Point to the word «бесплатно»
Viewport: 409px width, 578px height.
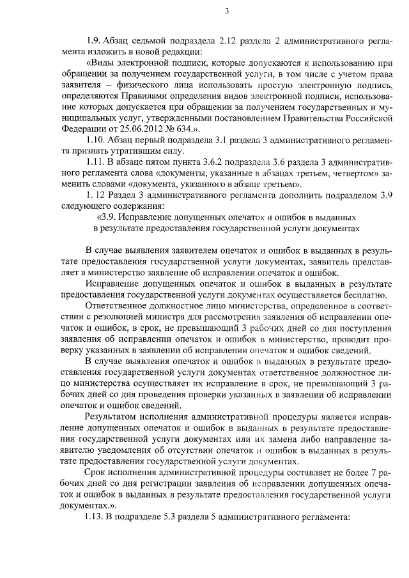(x=363, y=294)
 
